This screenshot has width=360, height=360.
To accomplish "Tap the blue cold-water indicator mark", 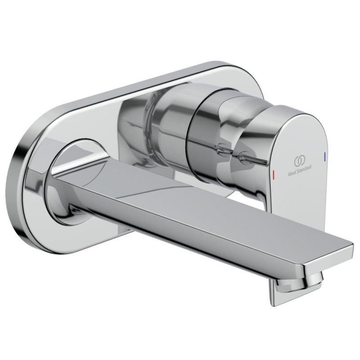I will pyautogui.click(x=324, y=156).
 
